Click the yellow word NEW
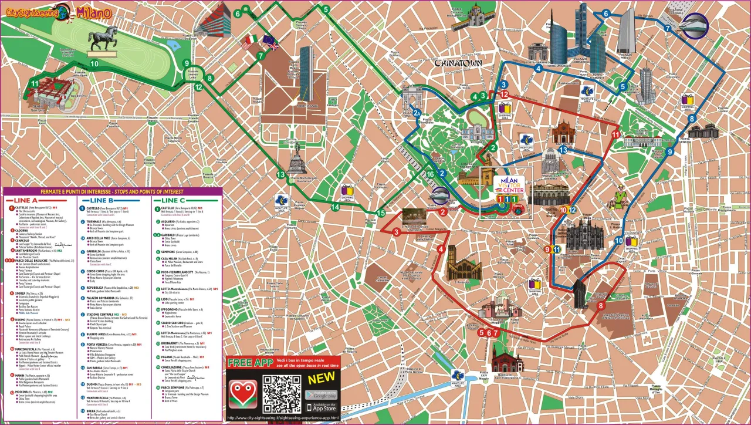point(322,379)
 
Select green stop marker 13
point(280,175)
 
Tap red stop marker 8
point(600,306)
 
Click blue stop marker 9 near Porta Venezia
point(669,151)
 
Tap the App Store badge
point(321,406)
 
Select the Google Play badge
point(321,394)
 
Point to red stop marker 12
point(504,95)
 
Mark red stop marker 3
point(397,232)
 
